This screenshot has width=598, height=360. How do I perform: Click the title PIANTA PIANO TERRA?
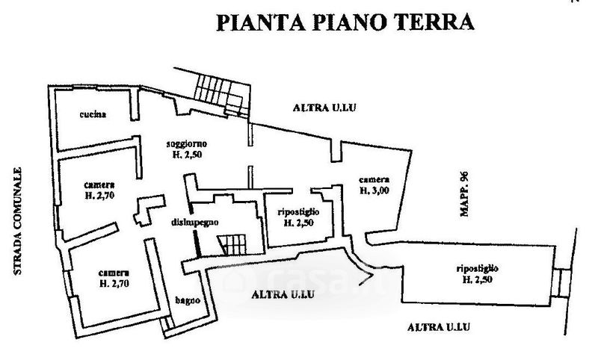(345, 22)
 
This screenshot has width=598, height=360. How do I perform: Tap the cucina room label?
(93, 114)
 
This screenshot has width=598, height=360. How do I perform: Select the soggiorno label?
(186, 143)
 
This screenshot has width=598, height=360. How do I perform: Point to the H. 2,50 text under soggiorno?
(187, 155)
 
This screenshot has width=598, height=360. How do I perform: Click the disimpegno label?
(194, 222)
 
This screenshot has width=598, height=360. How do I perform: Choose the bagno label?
(188, 300)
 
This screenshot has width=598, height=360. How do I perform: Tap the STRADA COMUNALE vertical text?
(17, 221)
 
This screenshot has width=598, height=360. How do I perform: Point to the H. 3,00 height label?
(374, 190)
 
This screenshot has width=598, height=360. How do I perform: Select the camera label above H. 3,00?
(374, 180)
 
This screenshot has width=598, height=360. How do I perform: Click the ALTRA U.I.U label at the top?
(324, 108)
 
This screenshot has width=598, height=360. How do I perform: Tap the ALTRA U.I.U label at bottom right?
(439, 327)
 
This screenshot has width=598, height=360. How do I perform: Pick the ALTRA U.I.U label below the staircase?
(283, 294)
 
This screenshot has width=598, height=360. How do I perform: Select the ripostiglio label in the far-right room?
(477, 269)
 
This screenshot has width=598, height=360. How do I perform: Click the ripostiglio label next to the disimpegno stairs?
(298, 212)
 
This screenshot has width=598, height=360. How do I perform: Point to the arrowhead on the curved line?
(368, 278)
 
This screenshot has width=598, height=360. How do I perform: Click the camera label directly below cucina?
(99, 185)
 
